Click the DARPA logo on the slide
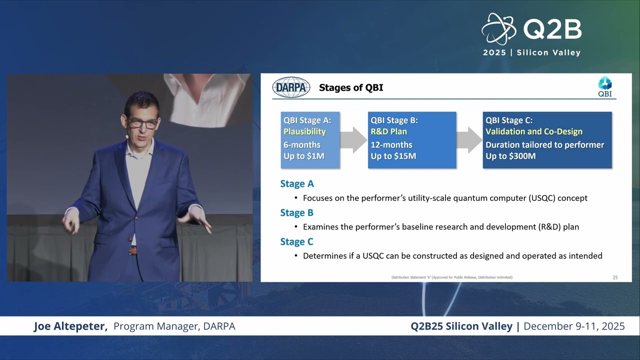click(x=291, y=87)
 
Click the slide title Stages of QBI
click(x=351, y=87)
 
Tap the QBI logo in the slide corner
click(x=605, y=86)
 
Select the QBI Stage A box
click(x=310, y=140)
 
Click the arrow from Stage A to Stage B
click(x=353, y=140)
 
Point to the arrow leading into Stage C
click(x=469, y=140)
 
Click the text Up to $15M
click(x=393, y=156)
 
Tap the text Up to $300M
click(x=510, y=156)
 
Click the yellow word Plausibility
click(x=304, y=131)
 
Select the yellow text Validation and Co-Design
click(x=533, y=131)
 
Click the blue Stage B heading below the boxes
click(x=296, y=212)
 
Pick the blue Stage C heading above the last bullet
click(x=296, y=241)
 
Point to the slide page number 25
click(x=615, y=277)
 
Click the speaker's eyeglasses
click(x=142, y=123)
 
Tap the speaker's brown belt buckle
click(x=133, y=251)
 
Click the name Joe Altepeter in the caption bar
click(x=70, y=326)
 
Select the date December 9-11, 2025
click(x=574, y=326)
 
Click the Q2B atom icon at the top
click(x=499, y=29)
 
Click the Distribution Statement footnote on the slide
click(x=451, y=277)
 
